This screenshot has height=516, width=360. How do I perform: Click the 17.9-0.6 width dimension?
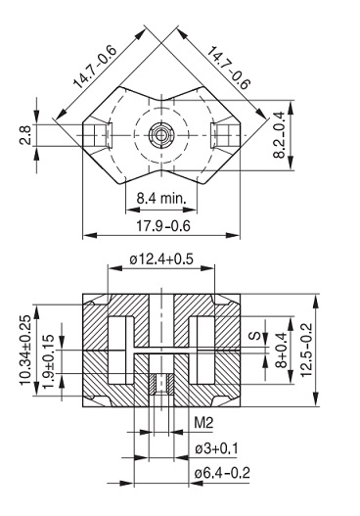(x=163, y=226)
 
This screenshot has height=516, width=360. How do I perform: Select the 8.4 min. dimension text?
(x=161, y=199)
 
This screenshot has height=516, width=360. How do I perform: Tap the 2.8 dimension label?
(x=25, y=134)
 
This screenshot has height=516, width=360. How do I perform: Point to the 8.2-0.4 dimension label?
(x=280, y=135)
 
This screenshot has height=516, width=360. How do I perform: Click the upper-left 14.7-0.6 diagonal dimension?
(x=95, y=68)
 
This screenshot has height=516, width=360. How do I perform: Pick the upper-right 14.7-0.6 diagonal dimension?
(x=228, y=69)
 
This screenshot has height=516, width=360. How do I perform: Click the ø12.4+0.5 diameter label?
(x=161, y=259)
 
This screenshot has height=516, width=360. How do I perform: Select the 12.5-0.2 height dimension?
(x=306, y=350)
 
